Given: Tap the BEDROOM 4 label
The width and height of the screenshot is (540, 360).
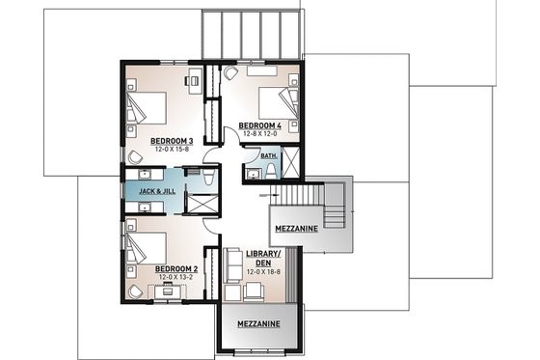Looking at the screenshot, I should pyautogui.click(x=260, y=125).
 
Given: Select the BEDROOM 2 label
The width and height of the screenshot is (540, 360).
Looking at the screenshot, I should pyautogui.click(x=175, y=269).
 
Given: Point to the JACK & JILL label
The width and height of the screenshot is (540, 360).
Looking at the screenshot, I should pyautogui.click(x=157, y=191).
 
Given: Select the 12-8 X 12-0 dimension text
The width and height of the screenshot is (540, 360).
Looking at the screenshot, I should pyautogui.click(x=260, y=135).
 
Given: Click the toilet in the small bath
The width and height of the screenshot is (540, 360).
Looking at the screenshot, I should pyautogui.click(x=273, y=170).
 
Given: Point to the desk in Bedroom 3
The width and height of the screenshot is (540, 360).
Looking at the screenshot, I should pyautogui.click(x=193, y=82).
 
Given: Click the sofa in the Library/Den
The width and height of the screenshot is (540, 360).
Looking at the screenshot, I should pyautogui.click(x=231, y=265).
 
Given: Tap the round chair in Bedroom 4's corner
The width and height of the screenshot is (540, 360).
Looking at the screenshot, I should pyautogui.click(x=230, y=73).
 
